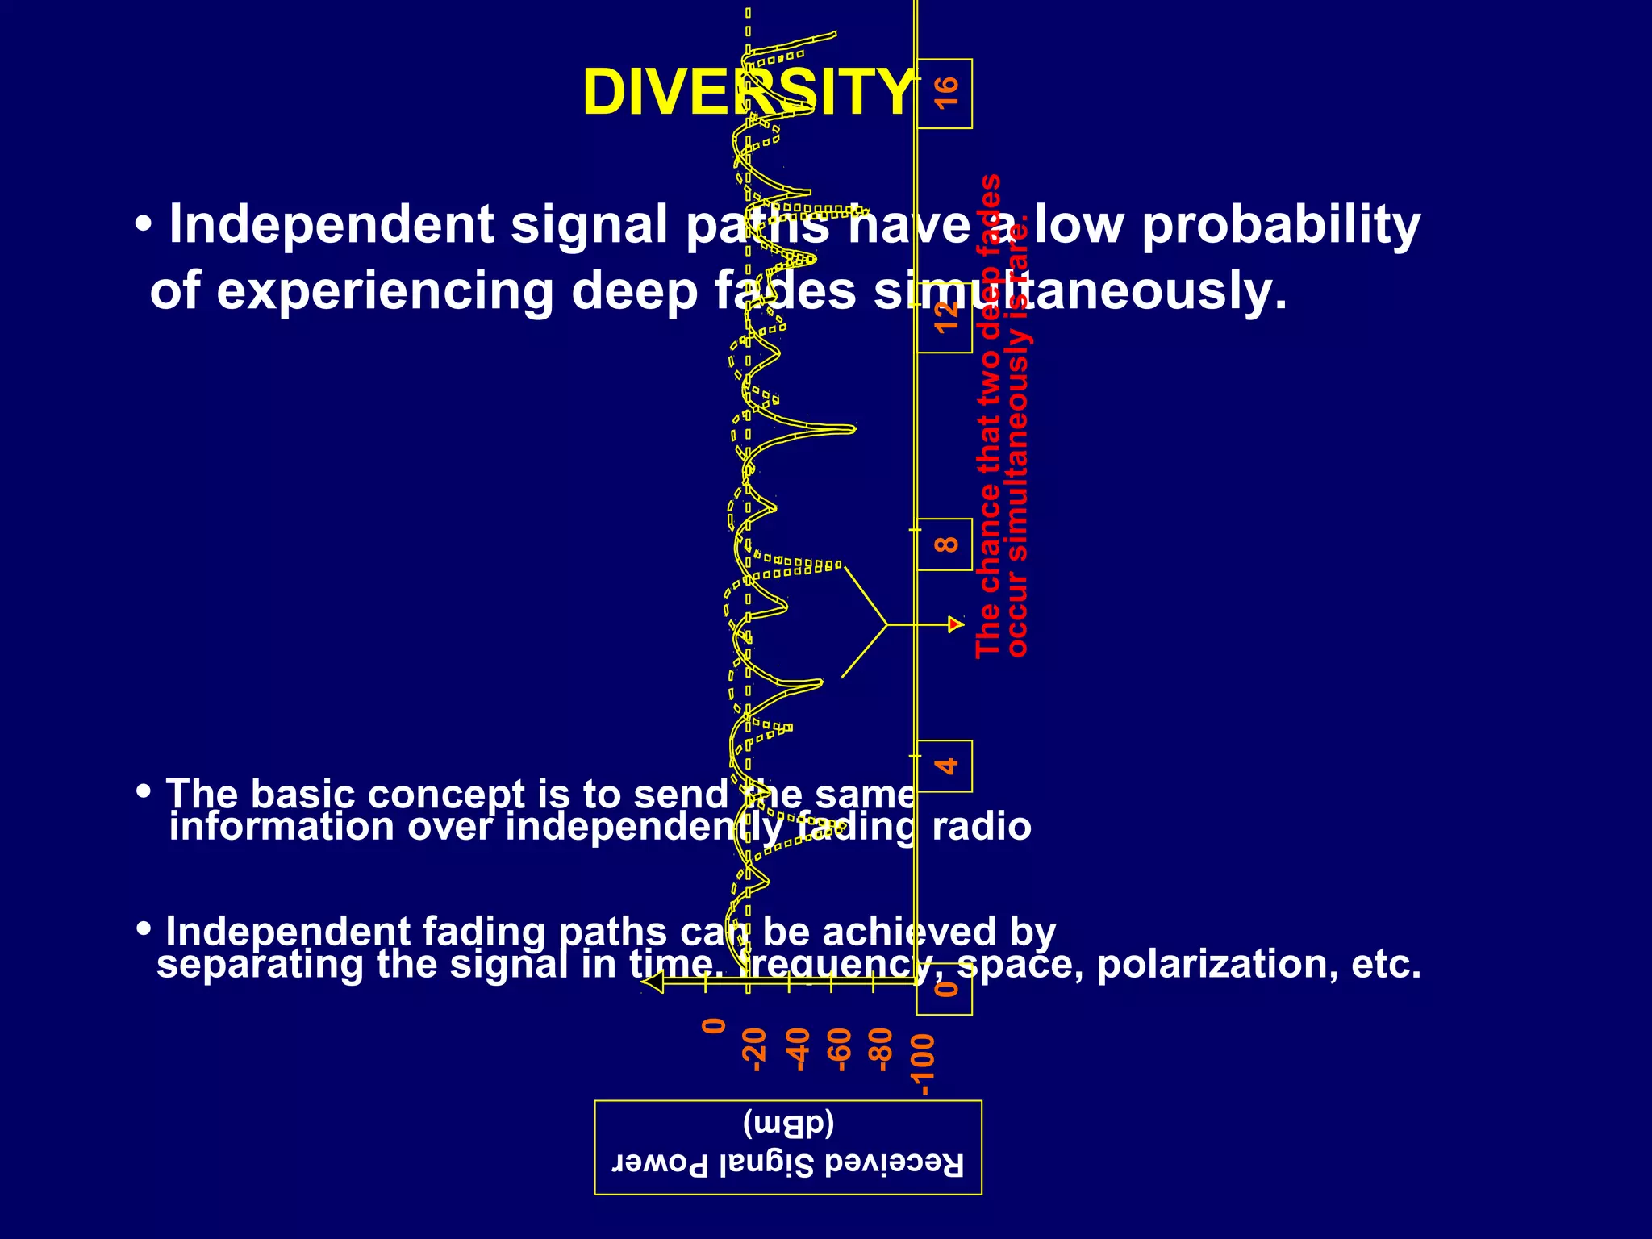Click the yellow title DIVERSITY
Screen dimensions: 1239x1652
pos(749,92)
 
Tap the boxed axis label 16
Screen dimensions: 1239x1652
pos(945,93)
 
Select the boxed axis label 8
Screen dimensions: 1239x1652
pos(945,544)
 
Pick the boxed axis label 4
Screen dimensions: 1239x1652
pos(945,766)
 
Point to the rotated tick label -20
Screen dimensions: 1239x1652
pos(754,1049)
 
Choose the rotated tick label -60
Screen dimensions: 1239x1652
pos(840,1049)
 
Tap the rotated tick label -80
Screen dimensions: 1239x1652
pos(882,1049)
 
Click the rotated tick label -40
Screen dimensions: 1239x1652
pos(797,1049)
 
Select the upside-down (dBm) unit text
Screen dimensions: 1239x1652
pos(787,1123)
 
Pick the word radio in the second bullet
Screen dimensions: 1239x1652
pos(981,827)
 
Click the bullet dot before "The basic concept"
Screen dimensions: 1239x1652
pos(144,791)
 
